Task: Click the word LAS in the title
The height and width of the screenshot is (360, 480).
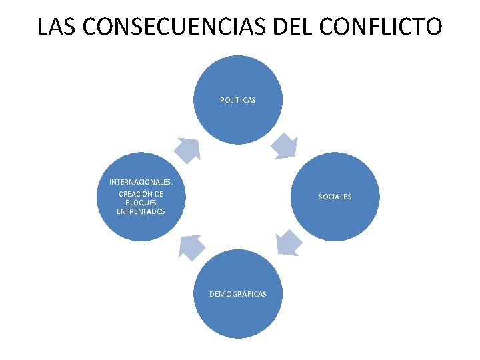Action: click(55, 27)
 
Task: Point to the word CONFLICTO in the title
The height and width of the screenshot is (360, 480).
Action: click(380, 27)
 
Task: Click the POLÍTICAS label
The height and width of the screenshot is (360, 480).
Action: click(238, 100)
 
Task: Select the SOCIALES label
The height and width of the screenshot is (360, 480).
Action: click(335, 197)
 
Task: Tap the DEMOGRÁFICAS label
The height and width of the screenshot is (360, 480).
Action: click(238, 294)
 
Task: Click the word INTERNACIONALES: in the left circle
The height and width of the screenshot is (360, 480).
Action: click(141, 182)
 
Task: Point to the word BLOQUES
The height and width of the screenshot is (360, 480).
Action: click(141, 203)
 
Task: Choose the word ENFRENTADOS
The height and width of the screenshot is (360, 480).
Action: click(141, 211)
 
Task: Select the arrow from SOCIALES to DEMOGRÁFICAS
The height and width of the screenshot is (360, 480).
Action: click(288, 243)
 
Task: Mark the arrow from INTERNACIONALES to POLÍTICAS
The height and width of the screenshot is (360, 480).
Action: click(188, 149)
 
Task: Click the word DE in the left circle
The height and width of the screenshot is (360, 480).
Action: click(158, 194)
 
